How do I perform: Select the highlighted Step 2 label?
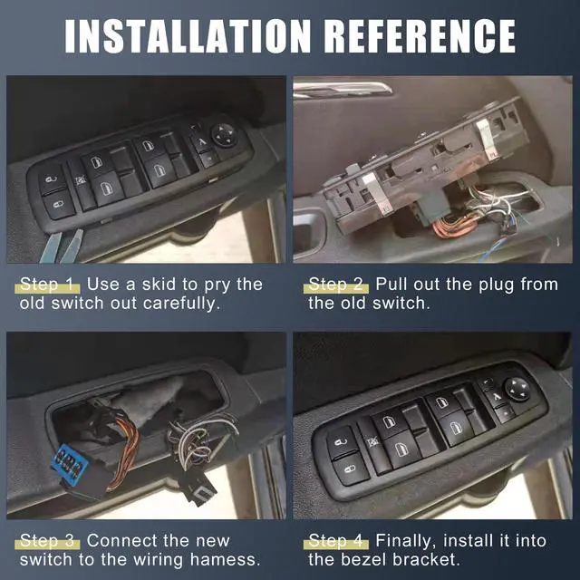(337, 285)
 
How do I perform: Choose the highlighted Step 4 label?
(337, 541)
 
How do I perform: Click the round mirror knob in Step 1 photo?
(224, 134)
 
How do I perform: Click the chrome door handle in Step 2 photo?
(344, 88)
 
